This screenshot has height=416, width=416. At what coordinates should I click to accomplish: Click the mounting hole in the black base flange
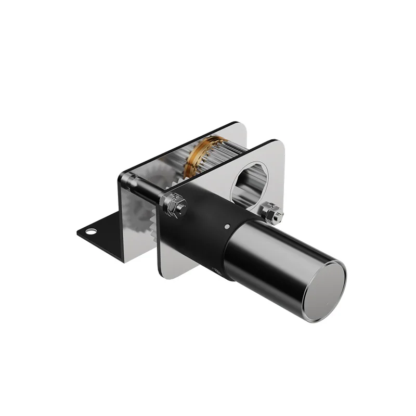[92, 231]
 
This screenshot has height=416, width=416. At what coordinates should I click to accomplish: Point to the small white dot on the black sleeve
[227, 227]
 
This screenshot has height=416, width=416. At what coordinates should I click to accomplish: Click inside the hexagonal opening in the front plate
[249, 181]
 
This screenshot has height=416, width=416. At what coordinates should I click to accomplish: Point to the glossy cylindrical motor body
[276, 260]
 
